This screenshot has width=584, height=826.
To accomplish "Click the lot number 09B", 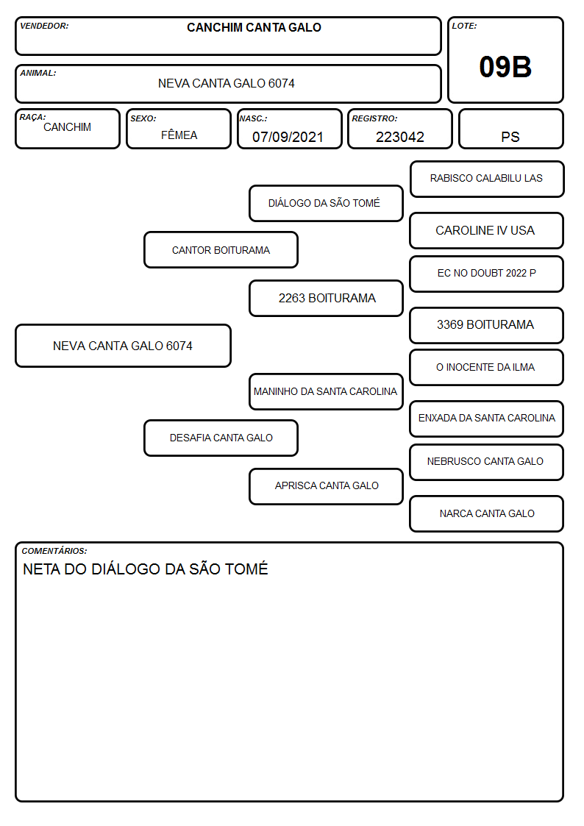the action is point(505,67).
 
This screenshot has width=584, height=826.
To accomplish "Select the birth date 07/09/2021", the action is point(288,137).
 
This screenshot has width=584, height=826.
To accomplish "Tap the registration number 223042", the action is point(399,137).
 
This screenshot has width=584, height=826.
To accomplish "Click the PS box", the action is point(510,129).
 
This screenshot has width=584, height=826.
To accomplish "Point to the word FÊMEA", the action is point(179,135).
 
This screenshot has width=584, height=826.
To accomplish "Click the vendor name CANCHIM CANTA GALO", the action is point(254,27).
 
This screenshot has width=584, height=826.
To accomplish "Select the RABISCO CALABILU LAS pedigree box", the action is point(487,179).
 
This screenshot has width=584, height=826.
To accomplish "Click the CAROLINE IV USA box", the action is point(487,231).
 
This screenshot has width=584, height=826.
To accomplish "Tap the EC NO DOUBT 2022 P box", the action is point(487,274).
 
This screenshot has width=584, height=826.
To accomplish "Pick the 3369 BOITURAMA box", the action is point(487,325).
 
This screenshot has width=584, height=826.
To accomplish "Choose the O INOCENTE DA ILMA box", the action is point(487,367).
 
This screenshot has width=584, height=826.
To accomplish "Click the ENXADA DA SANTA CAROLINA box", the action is point(487,419).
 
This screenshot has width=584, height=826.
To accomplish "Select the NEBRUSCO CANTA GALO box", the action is point(487,462).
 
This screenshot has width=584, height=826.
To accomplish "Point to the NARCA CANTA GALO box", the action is point(487,513).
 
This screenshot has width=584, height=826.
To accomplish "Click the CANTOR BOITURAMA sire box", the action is point(221,249).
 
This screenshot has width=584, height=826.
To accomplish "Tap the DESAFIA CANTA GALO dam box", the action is point(221,438).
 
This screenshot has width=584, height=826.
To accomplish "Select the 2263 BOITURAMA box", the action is point(327,298).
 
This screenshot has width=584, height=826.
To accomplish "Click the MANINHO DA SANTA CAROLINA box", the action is point(327,391).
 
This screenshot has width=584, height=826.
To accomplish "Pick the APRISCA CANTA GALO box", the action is point(327,486).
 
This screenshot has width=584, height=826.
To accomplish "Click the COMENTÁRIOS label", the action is point(54,551).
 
